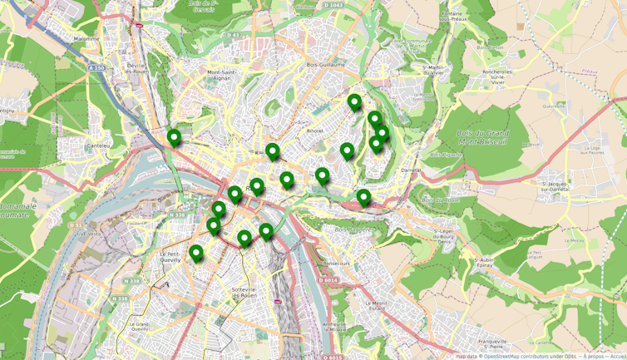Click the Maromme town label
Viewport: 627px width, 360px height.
[x=85, y=39]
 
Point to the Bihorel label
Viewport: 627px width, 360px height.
[x=314, y=131]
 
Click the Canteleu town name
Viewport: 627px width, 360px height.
[x=98, y=145]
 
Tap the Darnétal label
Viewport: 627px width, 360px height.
[x=409, y=170]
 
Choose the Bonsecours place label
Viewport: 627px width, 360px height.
[x=336, y=264]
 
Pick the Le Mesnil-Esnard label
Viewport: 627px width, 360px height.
[x=376, y=306]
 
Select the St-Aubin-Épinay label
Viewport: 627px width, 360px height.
[x=485, y=263]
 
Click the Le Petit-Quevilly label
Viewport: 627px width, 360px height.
[x=170, y=256]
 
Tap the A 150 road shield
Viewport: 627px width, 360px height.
[x=98, y=68]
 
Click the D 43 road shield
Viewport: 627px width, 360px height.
[x=234, y=35]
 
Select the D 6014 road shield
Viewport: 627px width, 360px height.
[x=328, y=280]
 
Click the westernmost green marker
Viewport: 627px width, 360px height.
[x=174, y=137]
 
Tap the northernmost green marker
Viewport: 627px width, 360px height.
[x=354, y=102]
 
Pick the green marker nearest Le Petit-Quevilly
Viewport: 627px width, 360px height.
[x=196, y=253]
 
